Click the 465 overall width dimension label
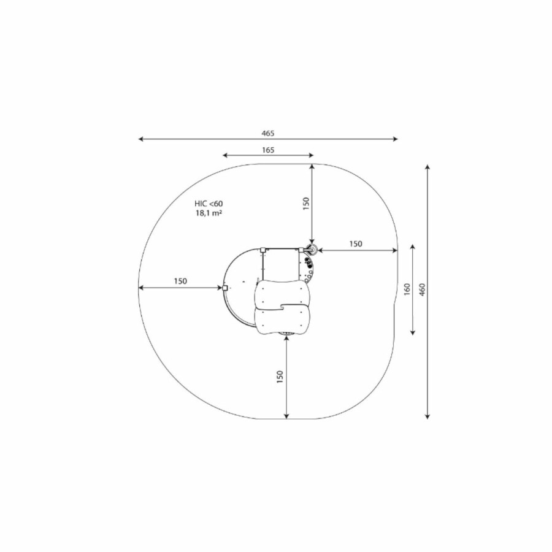click(x=268, y=134)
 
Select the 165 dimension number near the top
click(x=268, y=150)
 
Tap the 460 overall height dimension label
click(x=423, y=289)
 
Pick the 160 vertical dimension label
click(x=407, y=289)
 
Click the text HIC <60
click(x=209, y=204)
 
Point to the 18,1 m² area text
click(x=209, y=213)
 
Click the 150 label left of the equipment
click(x=180, y=282)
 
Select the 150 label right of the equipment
click(x=356, y=243)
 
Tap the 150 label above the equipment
click(x=306, y=204)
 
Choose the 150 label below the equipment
click(x=280, y=377)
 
